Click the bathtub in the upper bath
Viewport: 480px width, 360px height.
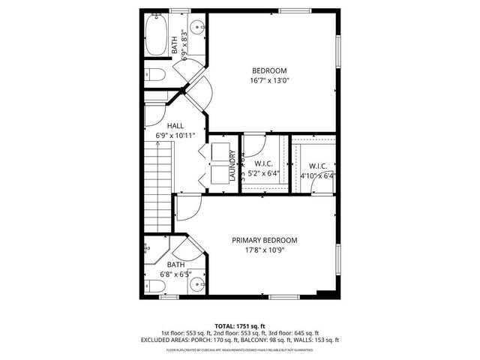(x=156, y=37)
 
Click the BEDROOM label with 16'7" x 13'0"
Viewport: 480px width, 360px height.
(x=268, y=70)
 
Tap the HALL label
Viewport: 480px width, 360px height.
(x=175, y=125)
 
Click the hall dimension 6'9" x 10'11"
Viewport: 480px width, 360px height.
(x=175, y=135)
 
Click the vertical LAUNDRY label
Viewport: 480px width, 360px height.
(x=233, y=166)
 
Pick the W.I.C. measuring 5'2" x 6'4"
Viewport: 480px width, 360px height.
(x=263, y=163)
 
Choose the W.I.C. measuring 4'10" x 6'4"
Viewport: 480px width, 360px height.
(x=316, y=166)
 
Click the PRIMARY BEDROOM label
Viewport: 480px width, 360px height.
(x=264, y=240)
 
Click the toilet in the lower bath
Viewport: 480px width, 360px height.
(x=153, y=285)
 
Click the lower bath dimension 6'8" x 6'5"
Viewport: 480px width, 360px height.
(x=175, y=274)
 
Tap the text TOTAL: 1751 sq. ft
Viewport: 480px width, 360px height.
(x=239, y=326)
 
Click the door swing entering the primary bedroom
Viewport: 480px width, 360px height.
(x=187, y=205)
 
